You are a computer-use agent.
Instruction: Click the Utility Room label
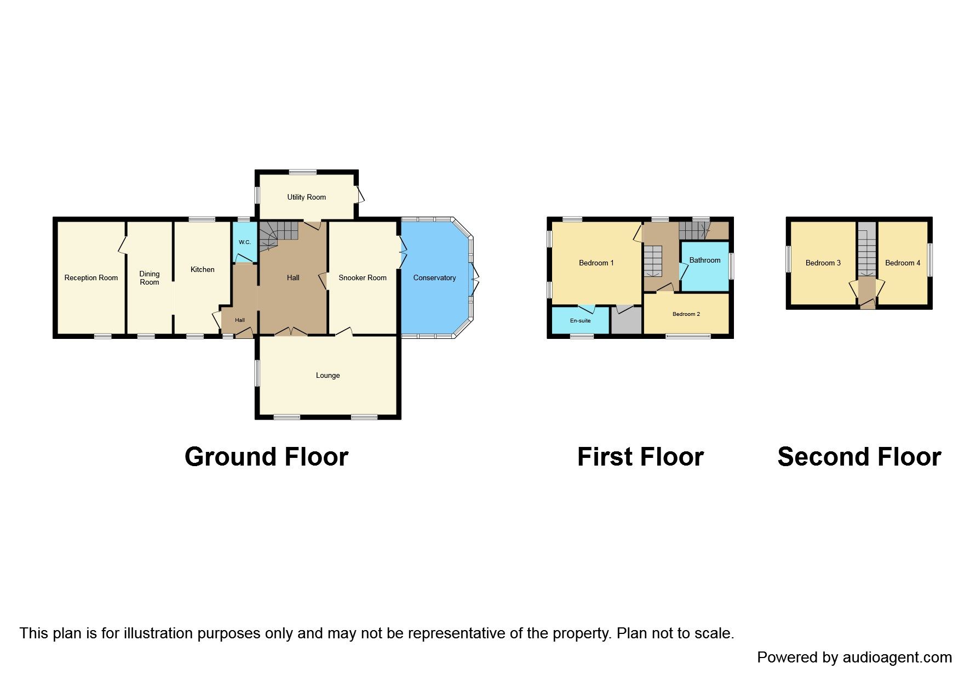[x=306, y=197]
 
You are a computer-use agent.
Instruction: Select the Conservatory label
[x=434, y=278]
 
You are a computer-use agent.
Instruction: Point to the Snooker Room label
[x=362, y=278]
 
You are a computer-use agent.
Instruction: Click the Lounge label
[x=328, y=376]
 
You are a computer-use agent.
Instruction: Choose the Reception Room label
[x=91, y=278]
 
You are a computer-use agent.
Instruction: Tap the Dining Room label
[x=149, y=278]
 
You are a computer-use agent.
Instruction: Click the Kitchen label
[x=202, y=270]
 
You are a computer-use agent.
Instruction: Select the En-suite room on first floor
[x=580, y=320]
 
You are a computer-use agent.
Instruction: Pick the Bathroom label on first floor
[x=704, y=260]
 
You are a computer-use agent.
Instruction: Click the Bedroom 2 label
[x=686, y=314]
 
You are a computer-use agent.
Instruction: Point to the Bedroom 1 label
[x=596, y=263]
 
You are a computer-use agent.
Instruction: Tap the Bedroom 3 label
[x=823, y=263]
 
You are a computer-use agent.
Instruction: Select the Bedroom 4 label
[x=902, y=263]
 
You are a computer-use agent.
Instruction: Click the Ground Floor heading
[x=266, y=457]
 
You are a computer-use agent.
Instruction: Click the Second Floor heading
[x=859, y=457]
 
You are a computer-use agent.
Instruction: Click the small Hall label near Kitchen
[x=240, y=320]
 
